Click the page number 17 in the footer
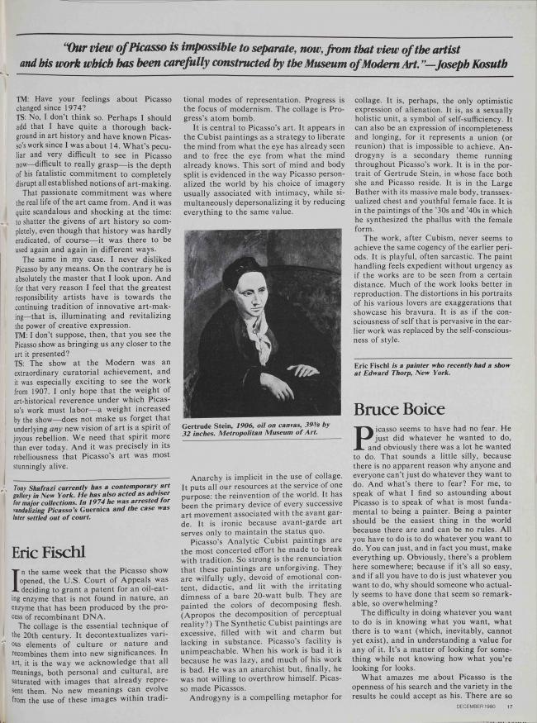tap(511, 706)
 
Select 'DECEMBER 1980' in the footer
tap(478, 706)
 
